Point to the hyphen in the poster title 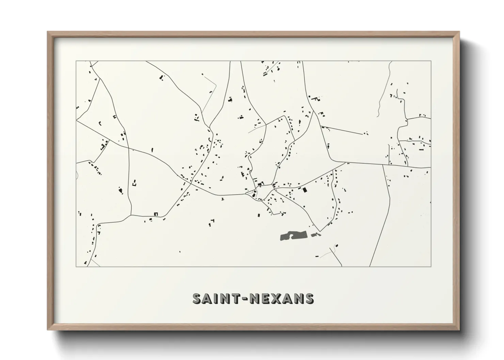click(248, 299)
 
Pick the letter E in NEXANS click(268, 298)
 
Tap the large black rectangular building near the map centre click(305, 190)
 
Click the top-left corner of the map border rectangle click(76, 61)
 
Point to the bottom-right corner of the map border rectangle click(431, 266)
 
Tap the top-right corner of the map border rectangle click(431, 61)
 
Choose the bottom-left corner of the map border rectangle click(76, 266)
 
